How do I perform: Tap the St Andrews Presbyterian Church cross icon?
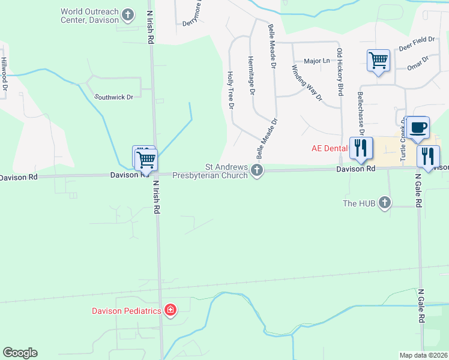click(257, 171)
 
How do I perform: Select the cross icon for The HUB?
click(385, 203)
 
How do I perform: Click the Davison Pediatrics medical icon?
click(170, 310)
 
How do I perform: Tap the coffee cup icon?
click(418, 128)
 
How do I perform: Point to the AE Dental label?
click(330, 148)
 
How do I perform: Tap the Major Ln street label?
click(317, 61)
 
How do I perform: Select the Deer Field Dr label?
click(417, 40)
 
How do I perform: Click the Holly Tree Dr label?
click(229, 90)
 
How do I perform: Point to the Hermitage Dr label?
click(252, 76)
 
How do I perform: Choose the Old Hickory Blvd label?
click(340, 72)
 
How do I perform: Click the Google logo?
click(20, 353)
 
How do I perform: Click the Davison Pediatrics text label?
click(127, 311)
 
